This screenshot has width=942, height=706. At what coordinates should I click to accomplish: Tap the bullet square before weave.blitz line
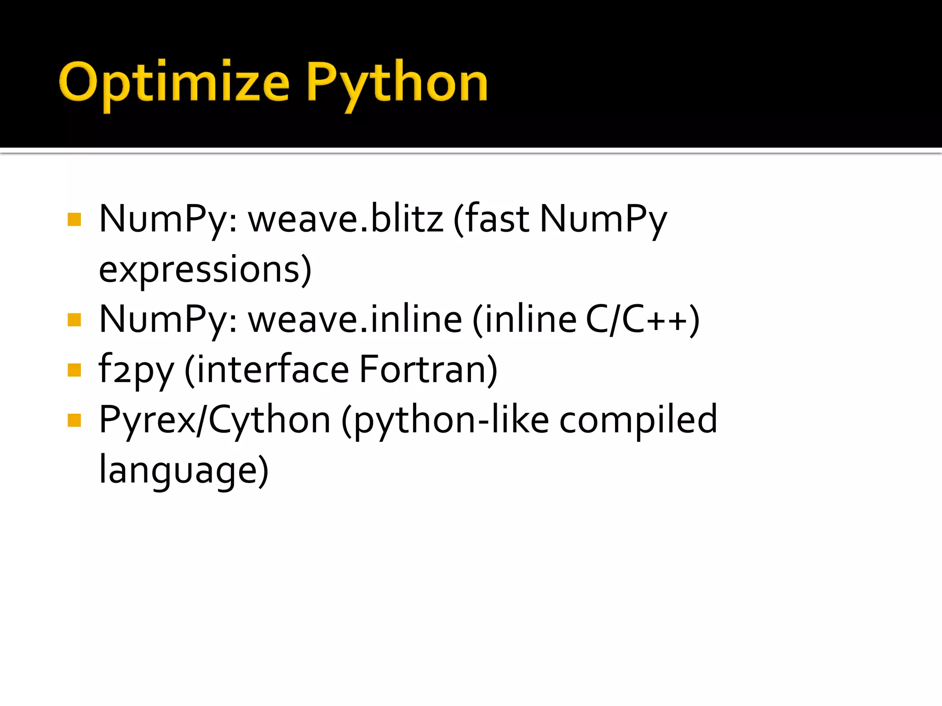pyautogui.click(x=74, y=219)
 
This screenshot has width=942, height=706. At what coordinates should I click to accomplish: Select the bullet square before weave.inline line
pyautogui.click(x=74, y=319)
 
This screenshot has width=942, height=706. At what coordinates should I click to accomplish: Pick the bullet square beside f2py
pyautogui.click(x=74, y=370)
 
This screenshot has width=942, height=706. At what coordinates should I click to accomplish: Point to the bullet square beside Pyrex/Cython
pyautogui.click(x=74, y=420)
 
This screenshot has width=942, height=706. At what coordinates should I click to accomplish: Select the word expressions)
pyautogui.click(x=205, y=269)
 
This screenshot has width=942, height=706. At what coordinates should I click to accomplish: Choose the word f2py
pyautogui.click(x=136, y=370)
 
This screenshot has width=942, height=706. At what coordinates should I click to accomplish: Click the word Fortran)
pyautogui.click(x=428, y=370)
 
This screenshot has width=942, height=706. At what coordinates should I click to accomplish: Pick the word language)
pyautogui.click(x=184, y=471)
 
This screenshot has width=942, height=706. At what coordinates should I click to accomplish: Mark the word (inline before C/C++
pyautogui.click(x=524, y=319)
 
